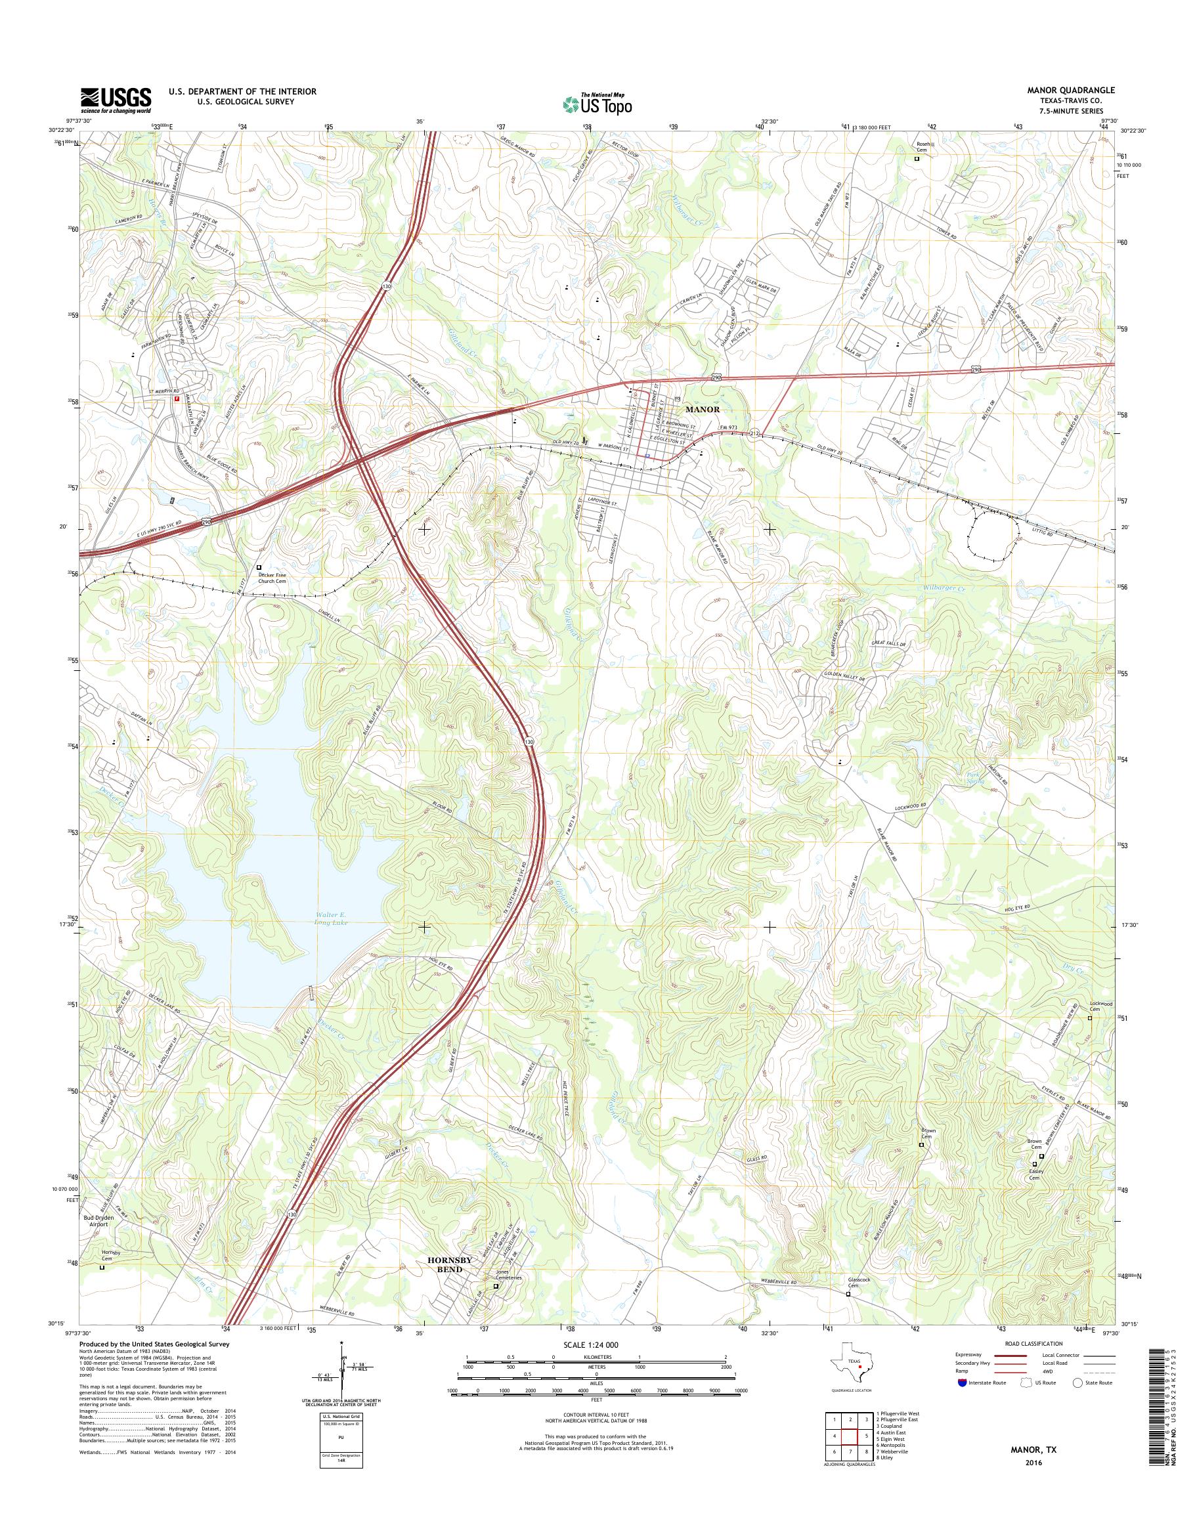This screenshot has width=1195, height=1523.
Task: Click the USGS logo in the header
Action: [x=116, y=100]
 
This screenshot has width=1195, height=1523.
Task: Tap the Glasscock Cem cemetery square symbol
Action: [x=850, y=1295]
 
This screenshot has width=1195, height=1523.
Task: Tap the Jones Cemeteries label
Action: [x=510, y=1277]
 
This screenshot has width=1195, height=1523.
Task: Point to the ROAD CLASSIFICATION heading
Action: [x=1028, y=1343]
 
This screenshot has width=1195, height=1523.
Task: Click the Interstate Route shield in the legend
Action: [x=962, y=1383]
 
